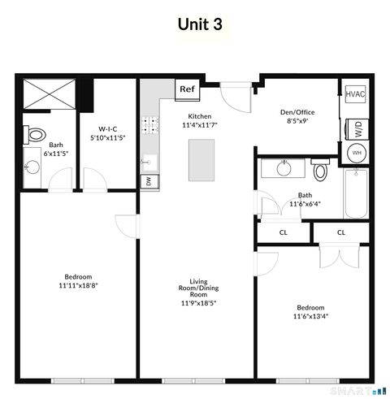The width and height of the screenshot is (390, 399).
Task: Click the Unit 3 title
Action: point(200,24)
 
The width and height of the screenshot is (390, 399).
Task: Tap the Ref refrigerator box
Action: point(186,89)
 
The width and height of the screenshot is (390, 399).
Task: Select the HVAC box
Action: point(355,94)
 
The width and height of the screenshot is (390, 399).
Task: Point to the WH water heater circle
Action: point(356,153)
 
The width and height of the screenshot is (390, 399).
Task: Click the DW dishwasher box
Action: point(148,180)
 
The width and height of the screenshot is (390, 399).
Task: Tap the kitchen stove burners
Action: point(150,125)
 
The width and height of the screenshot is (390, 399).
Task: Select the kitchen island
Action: point(201,159)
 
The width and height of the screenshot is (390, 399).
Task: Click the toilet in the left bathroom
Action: point(35,134)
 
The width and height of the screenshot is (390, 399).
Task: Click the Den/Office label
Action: point(297,112)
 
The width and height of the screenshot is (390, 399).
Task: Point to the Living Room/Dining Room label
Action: point(198,288)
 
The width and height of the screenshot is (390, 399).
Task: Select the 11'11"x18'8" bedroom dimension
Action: point(78,286)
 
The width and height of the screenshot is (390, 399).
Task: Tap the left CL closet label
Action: point(283,232)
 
